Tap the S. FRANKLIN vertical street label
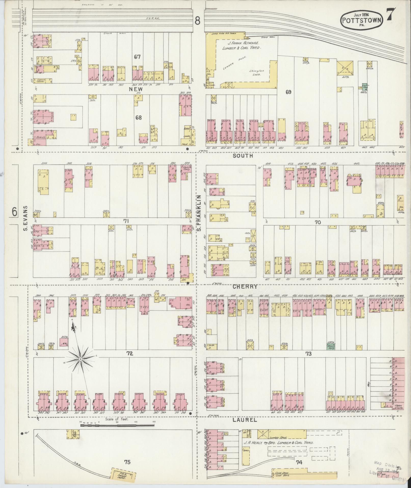point(199,213)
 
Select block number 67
point(138,57)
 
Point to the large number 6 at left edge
point(15,211)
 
